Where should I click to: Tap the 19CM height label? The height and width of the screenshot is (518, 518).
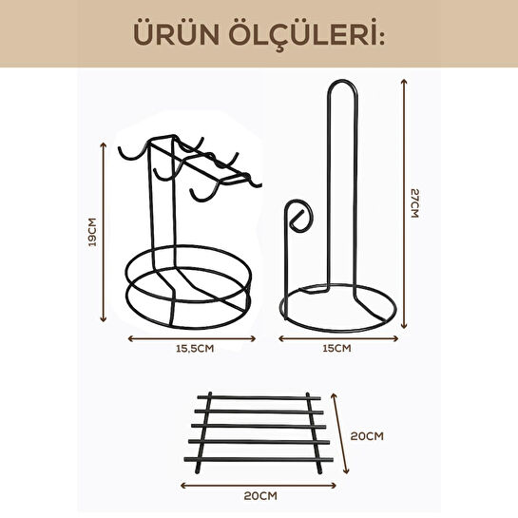click(91, 233)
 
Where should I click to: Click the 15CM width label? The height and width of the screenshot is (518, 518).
click(338, 349)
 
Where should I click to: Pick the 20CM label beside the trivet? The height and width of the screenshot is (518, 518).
click(366, 436)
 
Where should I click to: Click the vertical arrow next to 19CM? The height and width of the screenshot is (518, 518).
click(104, 233)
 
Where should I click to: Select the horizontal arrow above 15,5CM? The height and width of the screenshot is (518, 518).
click(192, 336)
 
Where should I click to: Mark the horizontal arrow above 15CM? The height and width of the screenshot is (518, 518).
click(338, 336)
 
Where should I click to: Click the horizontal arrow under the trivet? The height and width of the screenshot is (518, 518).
click(258, 484)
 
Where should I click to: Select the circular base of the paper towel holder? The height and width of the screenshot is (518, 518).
click(338, 309)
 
